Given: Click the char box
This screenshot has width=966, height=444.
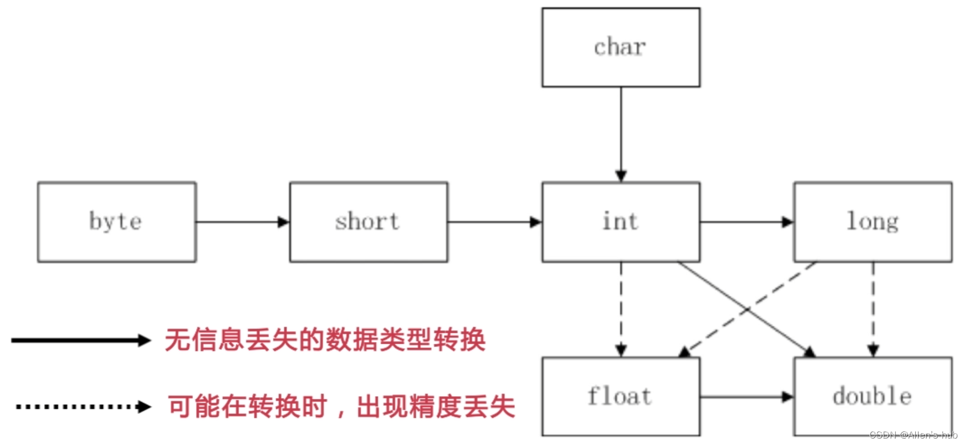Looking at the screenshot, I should [620, 47].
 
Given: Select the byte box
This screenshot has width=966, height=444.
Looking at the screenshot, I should [117, 222].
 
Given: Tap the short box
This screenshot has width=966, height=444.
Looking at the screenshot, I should [369, 222].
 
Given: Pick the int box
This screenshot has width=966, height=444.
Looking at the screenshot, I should [620, 222].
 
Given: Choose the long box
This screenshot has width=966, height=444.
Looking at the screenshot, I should [873, 222].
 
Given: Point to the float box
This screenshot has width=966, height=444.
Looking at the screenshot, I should [620, 397].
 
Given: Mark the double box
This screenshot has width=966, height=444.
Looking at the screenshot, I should [873, 397].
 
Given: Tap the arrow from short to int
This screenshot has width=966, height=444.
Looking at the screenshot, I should [494, 222].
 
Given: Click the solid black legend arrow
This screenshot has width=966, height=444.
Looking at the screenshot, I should [80, 340].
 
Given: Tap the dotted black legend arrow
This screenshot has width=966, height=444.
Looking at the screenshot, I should [83, 406].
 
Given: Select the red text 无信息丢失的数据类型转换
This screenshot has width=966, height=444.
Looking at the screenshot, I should [325, 340].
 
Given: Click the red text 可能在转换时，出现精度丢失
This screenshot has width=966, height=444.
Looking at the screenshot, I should [341, 406].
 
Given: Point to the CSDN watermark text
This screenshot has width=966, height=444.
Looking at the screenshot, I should [913, 435].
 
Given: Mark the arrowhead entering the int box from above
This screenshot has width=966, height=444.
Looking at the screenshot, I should [621, 176].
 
